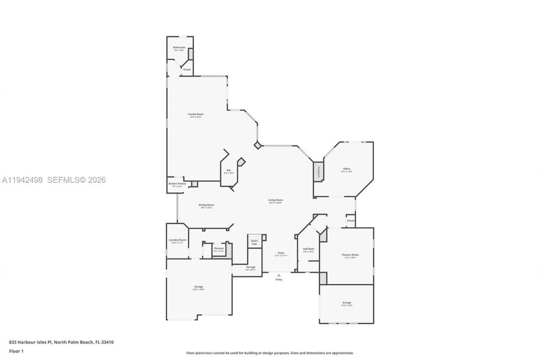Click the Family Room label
195,114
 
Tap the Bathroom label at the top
179,48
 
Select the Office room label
346,169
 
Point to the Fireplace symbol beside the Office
319,172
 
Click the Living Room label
275,200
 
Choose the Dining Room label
206,206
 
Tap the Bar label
229,171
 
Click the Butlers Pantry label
177,184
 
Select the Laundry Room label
177,240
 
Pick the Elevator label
219,249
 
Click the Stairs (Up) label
254,242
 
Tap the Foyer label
281,253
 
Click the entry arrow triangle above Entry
278,275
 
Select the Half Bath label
308,249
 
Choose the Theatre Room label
350,255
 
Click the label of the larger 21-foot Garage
198,287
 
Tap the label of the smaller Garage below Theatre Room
347,303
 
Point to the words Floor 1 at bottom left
16,351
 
